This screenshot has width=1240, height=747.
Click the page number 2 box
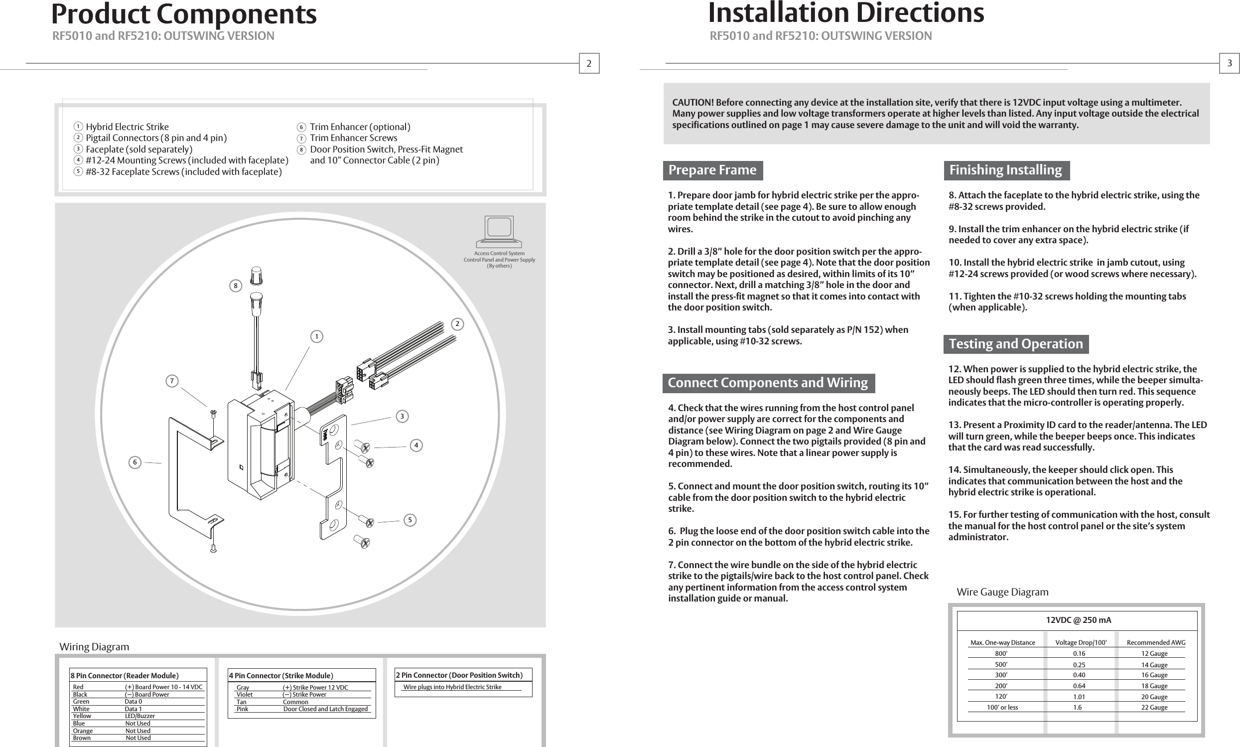tap(589, 63)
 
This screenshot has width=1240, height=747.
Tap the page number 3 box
tap(1229, 63)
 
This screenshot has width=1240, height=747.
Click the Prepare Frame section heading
tap(712, 170)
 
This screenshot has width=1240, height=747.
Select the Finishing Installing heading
tap(1005, 170)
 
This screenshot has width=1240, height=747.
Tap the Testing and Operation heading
tap(1015, 344)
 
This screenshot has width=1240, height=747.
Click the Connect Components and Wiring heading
tap(767, 383)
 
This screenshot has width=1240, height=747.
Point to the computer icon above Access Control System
tap(499, 229)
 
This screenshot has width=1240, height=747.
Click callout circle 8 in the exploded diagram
tap(235, 286)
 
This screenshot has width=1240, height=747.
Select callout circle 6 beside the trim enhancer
tap(135, 462)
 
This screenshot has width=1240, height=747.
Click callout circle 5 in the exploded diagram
tap(410, 520)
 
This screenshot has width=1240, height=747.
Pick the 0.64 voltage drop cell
tap(1079, 686)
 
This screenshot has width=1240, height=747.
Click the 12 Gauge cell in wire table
tap(1154, 653)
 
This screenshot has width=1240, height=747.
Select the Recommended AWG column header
tap(1155, 642)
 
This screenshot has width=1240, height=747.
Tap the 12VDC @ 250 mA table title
tap(1078, 620)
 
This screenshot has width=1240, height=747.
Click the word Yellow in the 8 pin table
tap(82, 716)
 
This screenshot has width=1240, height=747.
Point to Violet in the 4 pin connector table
tap(245, 694)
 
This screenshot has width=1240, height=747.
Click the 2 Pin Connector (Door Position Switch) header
tap(459, 675)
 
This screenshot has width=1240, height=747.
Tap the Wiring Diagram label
tap(94, 646)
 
